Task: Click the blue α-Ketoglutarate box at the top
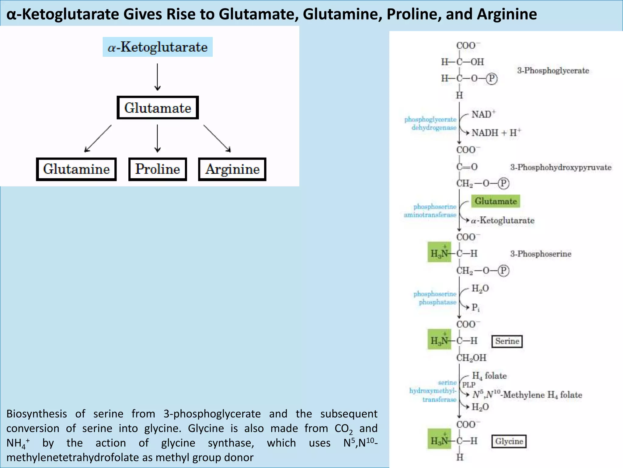(158, 47)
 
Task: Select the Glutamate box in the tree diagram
(158, 108)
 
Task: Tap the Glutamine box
(76, 169)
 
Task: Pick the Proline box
(158, 169)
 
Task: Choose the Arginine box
(232, 169)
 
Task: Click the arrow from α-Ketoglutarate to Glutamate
(157, 77)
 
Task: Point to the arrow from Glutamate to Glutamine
(98, 138)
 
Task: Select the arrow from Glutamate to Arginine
(217, 138)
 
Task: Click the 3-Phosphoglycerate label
(553, 70)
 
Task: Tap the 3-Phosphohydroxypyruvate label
(561, 167)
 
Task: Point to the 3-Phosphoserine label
(541, 254)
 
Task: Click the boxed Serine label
(507, 341)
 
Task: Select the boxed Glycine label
(509, 441)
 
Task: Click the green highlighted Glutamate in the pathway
(496, 201)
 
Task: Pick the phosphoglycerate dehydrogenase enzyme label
(430, 123)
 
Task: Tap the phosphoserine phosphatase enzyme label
(435, 298)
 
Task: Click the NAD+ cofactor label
(483, 114)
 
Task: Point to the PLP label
(468, 385)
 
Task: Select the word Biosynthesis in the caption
(37, 414)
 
